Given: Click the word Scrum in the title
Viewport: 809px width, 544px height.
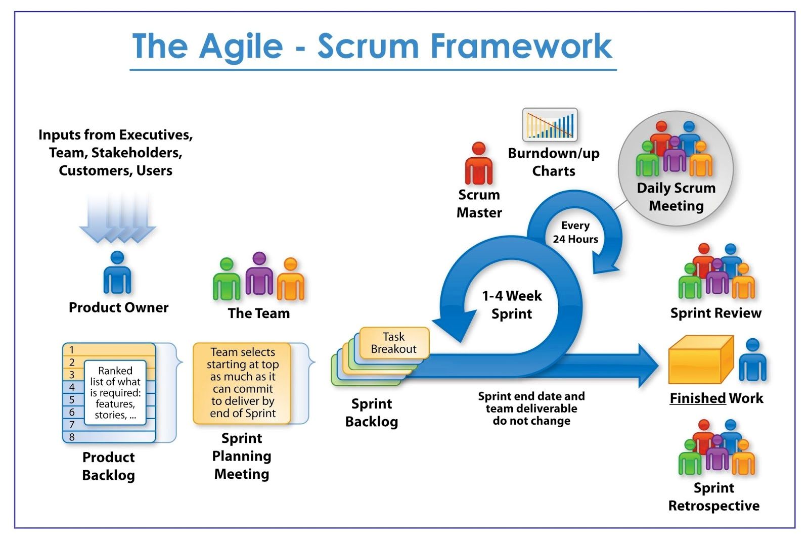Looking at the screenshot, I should pos(368,46).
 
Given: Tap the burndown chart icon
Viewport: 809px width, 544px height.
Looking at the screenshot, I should pos(550,124).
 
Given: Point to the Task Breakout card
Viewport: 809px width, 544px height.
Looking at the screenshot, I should pos(394,343).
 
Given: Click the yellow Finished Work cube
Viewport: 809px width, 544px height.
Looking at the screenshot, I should pos(700,360).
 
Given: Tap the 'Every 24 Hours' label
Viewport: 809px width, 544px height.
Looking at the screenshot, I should pos(575,232).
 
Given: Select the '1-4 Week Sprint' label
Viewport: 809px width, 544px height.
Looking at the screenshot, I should pos(512,304).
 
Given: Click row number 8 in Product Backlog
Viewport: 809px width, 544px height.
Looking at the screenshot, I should pos(72,437).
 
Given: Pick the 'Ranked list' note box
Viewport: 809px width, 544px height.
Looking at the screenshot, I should pos(115,392).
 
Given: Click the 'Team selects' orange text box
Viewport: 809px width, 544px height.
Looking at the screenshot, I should pos(242,383).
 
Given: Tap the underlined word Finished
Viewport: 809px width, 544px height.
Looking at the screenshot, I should pos(697,398).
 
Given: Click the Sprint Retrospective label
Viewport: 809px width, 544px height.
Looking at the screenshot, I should pos(713,496).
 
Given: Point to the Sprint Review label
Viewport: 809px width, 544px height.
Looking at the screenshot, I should pos(715,313).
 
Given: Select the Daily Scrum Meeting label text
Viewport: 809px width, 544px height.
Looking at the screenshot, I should pos(676,197).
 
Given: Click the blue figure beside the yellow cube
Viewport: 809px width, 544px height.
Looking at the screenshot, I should pos(752,360).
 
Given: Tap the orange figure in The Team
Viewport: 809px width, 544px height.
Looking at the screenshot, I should pos(290,279).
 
